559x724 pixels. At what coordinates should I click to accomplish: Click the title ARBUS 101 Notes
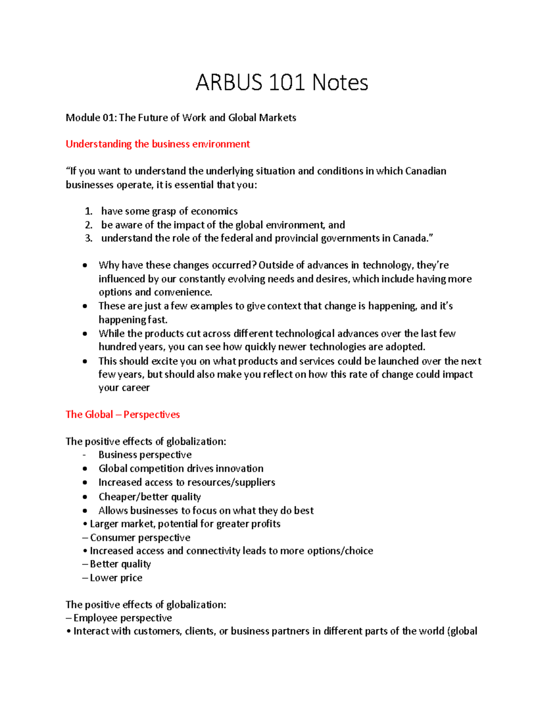tap(281, 83)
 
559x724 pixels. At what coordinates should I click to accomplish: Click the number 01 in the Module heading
tap(109, 117)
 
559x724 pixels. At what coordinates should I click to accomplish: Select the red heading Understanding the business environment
tap(157, 144)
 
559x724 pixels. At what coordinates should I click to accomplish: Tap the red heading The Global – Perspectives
tap(123, 414)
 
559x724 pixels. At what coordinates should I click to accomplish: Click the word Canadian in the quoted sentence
tap(425, 171)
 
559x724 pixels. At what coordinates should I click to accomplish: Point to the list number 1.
tap(88, 212)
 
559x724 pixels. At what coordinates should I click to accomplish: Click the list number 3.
tap(88, 239)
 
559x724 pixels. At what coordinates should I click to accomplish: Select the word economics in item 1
tap(215, 212)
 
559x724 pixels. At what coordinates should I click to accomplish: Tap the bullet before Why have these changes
tap(85, 266)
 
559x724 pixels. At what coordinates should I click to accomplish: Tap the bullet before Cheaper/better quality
tap(85, 497)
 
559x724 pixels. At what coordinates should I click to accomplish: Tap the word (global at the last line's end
tap(462, 631)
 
